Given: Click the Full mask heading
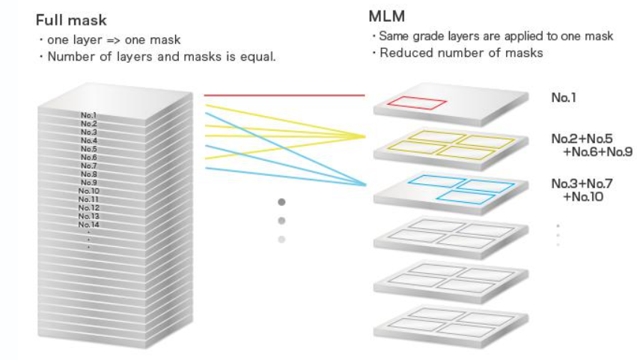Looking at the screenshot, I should point(73,20).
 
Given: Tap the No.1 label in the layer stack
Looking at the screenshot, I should point(89,116).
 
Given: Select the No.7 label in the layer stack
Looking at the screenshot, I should point(89,166).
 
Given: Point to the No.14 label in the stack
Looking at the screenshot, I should point(89,225).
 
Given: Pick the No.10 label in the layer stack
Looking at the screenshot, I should point(89,191).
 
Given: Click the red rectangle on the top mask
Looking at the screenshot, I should point(416,103).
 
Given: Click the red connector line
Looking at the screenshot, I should point(284,96).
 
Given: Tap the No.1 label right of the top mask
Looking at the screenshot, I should point(565,97).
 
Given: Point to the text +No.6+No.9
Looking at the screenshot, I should point(598,153).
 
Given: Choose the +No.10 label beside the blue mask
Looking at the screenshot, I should point(582,198).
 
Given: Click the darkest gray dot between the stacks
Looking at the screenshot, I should point(281,202).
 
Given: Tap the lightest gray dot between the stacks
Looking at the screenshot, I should point(281,240).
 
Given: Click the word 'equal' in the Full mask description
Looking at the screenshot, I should point(259,57).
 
